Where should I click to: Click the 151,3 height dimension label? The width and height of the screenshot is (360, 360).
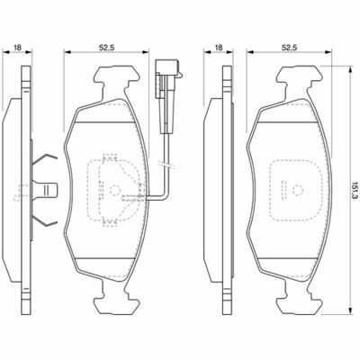coord(355,190)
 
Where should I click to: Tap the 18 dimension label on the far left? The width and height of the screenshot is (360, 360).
coord(18,47)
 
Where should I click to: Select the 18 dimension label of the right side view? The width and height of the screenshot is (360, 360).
coord(219,47)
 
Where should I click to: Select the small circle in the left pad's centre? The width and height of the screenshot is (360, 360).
coord(114,190)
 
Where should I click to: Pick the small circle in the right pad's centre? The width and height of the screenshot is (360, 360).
coord(297,190)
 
